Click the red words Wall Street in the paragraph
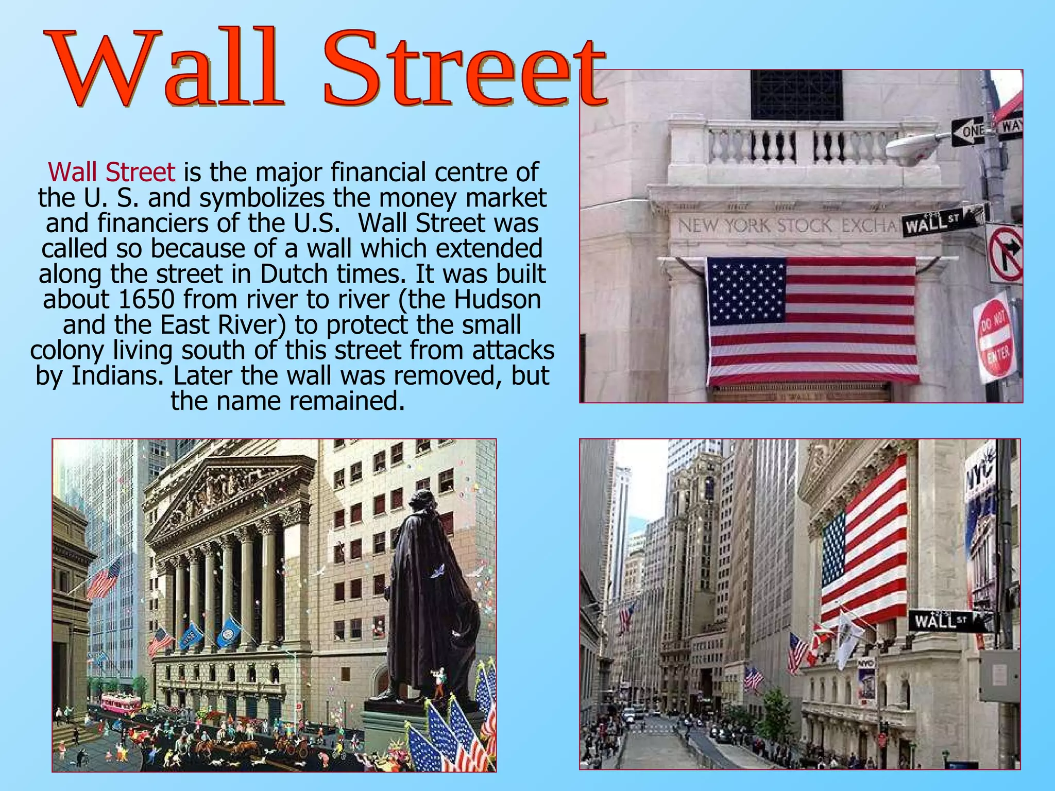tap(112, 172)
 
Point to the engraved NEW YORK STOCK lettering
tap(755, 225)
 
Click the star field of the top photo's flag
tap(747, 288)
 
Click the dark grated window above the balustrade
tap(796, 95)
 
